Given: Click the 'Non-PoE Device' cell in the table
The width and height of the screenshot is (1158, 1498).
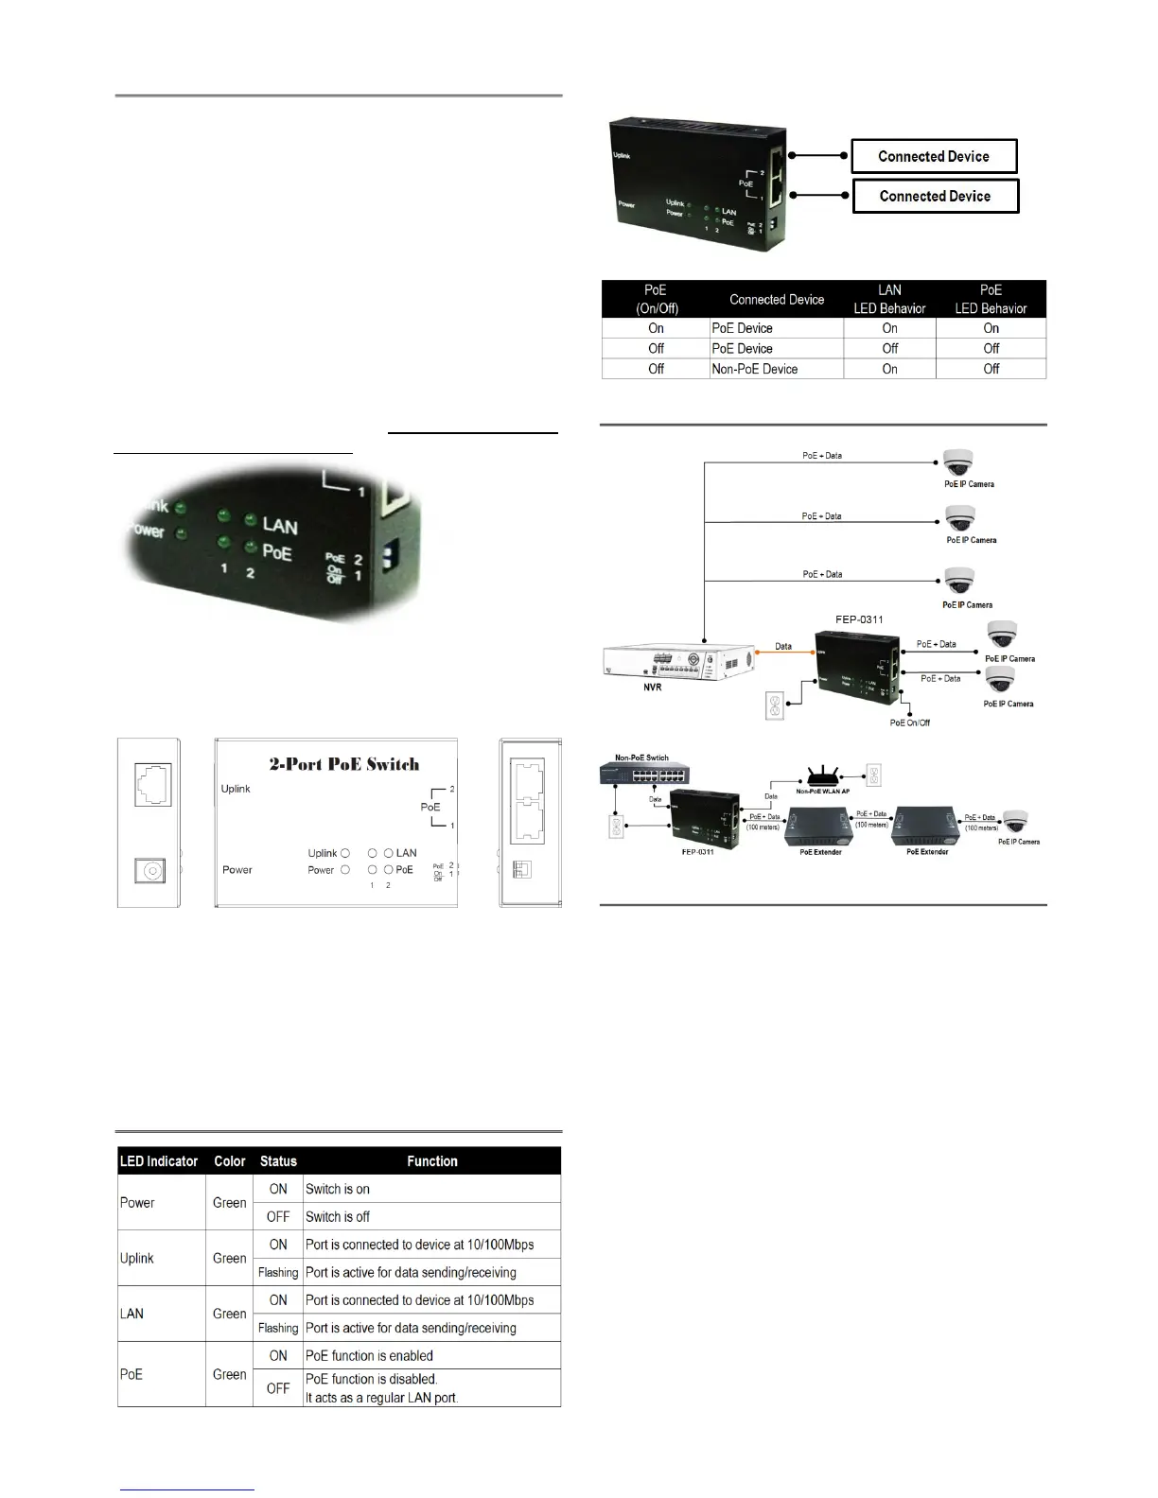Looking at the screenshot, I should (755, 369).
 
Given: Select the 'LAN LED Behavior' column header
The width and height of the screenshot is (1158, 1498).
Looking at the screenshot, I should (889, 299).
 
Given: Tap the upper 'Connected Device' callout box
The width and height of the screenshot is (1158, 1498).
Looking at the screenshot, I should (934, 156).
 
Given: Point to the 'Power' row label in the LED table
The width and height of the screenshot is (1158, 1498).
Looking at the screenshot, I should (137, 1203).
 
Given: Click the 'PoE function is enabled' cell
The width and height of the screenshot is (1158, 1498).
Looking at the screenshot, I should (369, 1355).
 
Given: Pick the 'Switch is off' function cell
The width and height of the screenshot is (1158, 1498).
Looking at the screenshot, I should (338, 1216).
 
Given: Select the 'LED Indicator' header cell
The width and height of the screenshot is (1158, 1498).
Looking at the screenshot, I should (159, 1161).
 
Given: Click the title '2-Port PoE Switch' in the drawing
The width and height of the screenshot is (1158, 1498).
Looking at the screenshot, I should (344, 764).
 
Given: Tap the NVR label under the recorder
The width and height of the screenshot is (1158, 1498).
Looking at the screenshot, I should (653, 688).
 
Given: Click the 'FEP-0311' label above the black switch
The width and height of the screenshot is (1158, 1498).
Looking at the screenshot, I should (859, 619).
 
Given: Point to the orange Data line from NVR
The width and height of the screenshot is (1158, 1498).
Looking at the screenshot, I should (784, 653).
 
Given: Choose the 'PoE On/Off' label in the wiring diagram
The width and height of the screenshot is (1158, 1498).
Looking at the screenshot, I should (909, 723).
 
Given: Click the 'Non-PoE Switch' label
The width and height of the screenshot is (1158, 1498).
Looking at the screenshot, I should (641, 758).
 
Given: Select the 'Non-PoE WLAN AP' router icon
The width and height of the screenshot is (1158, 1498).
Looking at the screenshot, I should (823, 775).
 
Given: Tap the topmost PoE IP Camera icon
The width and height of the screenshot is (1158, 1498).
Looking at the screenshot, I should (957, 463).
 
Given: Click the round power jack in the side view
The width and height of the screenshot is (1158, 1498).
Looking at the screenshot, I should (149, 871).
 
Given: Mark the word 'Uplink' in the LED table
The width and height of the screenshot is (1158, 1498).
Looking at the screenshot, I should (137, 1258).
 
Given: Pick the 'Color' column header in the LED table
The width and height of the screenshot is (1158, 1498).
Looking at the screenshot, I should (229, 1161).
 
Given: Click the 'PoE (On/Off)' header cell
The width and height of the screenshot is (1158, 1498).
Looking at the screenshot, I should (656, 299).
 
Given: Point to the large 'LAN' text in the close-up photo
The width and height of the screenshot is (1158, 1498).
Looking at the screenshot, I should (280, 526).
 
